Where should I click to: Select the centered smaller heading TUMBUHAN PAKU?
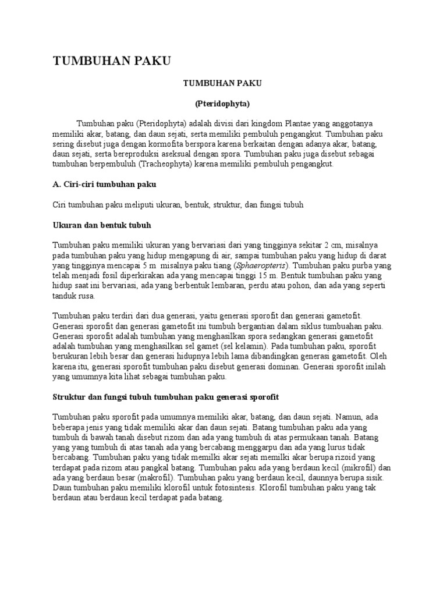(x=222, y=83)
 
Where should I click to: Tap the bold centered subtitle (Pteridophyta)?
(x=222, y=104)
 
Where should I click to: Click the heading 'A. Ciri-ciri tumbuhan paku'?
(x=105, y=185)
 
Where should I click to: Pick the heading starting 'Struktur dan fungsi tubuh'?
(x=166, y=396)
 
